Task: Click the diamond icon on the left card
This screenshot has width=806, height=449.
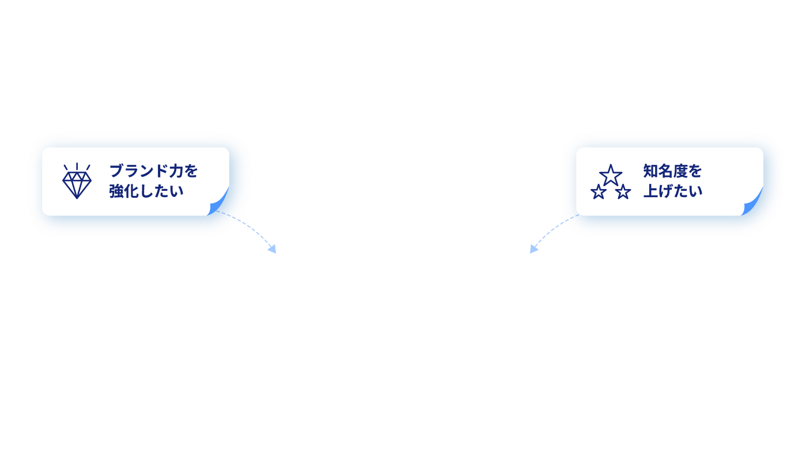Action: click(x=77, y=184)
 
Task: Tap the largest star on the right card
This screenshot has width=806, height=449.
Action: click(x=611, y=175)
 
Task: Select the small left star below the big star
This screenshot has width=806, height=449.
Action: click(x=599, y=192)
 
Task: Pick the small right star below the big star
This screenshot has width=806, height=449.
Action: click(x=623, y=192)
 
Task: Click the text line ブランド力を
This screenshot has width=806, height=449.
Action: click(x=154, y=171)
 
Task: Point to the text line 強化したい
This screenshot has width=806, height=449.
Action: click(x=146, y=191)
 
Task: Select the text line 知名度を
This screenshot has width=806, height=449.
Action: click(x=672, y=171)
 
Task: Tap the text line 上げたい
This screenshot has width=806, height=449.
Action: click(x=673, y=191)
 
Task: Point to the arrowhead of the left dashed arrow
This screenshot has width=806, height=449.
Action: click(x=273, y=249)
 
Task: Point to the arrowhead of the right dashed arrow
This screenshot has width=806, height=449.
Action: click(x=533, y=249)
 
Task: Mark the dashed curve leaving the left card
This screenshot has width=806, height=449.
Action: click(x=248, y=224)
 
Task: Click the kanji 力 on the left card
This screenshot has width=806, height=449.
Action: click(x=176, y=171)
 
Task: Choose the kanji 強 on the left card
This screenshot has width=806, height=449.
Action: click(x=116, y=191)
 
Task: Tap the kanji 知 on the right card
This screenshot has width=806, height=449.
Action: click(x=650, y=171)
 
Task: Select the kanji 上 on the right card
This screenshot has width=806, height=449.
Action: click(x=650, y=191)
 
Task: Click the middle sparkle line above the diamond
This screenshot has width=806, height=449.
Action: click(x=77, y=167)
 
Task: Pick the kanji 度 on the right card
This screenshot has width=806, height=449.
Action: click(x=680, y=171)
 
